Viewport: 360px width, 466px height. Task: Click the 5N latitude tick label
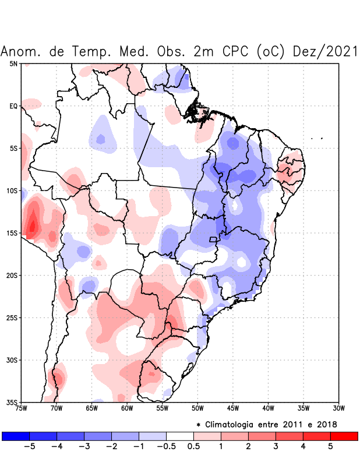tap(13, 63)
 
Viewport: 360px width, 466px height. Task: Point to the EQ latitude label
tap(13, 106)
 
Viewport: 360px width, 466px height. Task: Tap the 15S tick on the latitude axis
tap(12, 233)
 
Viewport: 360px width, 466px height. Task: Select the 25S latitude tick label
tap(12, 317)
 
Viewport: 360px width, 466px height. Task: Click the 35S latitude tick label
tap(12, 402)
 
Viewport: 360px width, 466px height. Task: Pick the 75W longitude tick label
tap(22, 408)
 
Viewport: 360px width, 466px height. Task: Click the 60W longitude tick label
tap(127, 408)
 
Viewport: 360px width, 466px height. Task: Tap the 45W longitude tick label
tap(233, 408)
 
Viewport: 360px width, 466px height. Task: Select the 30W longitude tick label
tap(338, 408)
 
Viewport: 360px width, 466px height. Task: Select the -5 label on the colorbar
tap(30, 446)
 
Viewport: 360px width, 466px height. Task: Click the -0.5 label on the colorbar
tap(166, 446)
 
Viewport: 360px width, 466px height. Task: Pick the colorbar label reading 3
tap(276, 446)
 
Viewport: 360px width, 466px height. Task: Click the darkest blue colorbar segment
tap(16, 436)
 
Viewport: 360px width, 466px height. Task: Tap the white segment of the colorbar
tap(180, 436)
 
